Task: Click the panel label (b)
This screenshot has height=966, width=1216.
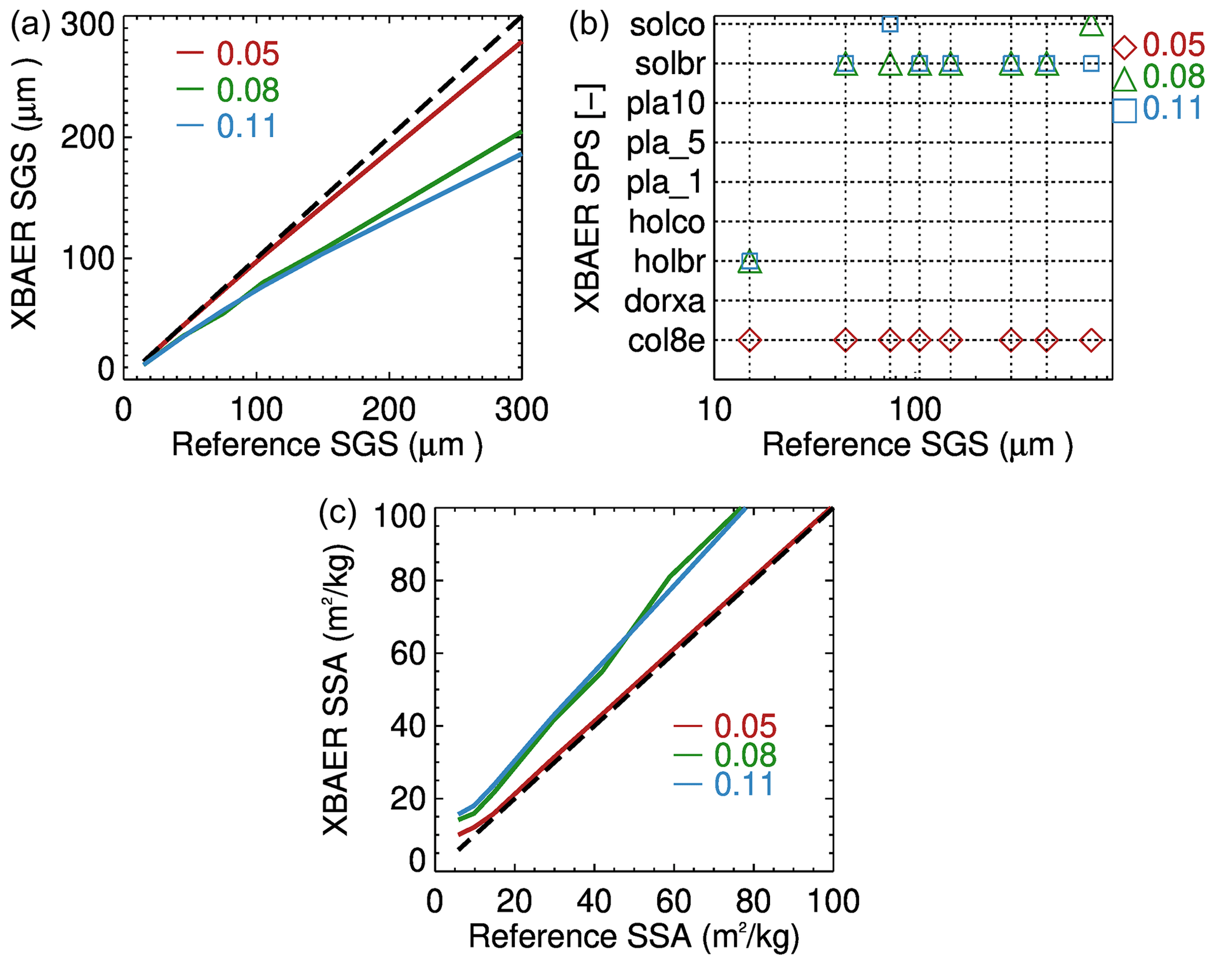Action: tap(588, 27)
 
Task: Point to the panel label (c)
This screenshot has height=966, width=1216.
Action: tap(338, 513)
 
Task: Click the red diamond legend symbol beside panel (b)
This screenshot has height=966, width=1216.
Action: tap(1125, 47)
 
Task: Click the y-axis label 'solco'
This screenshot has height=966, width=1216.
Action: tap(667, 25)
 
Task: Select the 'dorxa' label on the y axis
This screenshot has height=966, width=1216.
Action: tap(664, 302)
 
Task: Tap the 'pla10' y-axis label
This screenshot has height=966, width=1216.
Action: tap(665, 104)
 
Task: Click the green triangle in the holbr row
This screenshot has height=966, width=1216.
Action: tap(749, 262)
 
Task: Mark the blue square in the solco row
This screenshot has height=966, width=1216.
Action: tap(890, 24)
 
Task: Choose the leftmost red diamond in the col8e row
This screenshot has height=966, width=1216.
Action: tap(749, 340)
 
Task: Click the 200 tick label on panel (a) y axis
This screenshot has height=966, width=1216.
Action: tap(87, 138)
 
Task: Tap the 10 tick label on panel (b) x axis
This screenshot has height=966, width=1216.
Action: tap(715, 410)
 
